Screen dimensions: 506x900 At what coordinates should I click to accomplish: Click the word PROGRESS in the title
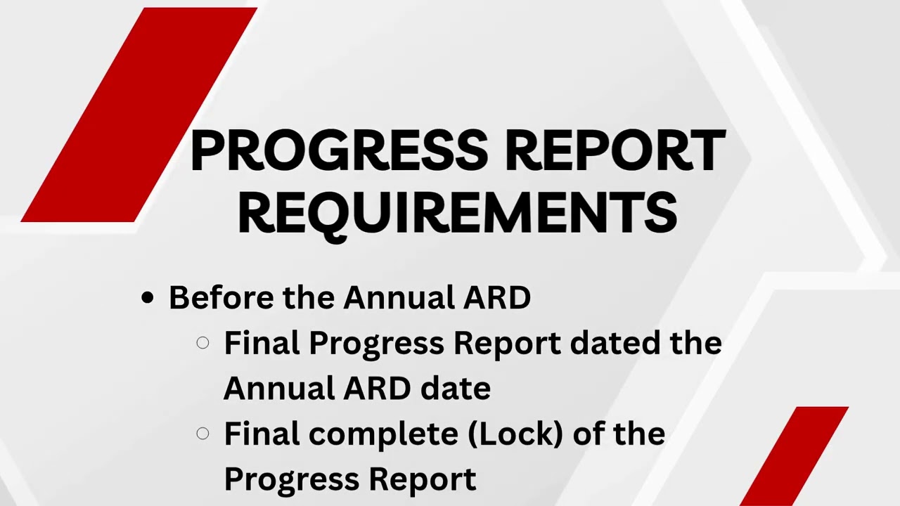coord(338,150)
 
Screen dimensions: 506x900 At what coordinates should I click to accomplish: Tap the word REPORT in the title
coord(615,150)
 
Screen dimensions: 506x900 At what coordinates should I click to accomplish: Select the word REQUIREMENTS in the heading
coord(457,213)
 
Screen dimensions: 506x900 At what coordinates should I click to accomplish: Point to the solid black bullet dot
coord(147,298)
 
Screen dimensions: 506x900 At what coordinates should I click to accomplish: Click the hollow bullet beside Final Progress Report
coord(202,343)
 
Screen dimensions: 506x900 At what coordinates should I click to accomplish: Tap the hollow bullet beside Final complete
coord(202,434)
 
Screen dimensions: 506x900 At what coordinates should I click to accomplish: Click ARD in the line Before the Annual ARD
coord(496,297)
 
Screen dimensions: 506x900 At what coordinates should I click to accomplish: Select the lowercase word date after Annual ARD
coord(455,388)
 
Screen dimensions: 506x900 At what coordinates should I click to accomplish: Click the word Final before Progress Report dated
coord(262,343)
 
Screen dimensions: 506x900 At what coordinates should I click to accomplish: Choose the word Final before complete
coord(262,434)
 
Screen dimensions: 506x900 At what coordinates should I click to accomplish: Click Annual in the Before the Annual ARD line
coord(399,297)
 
